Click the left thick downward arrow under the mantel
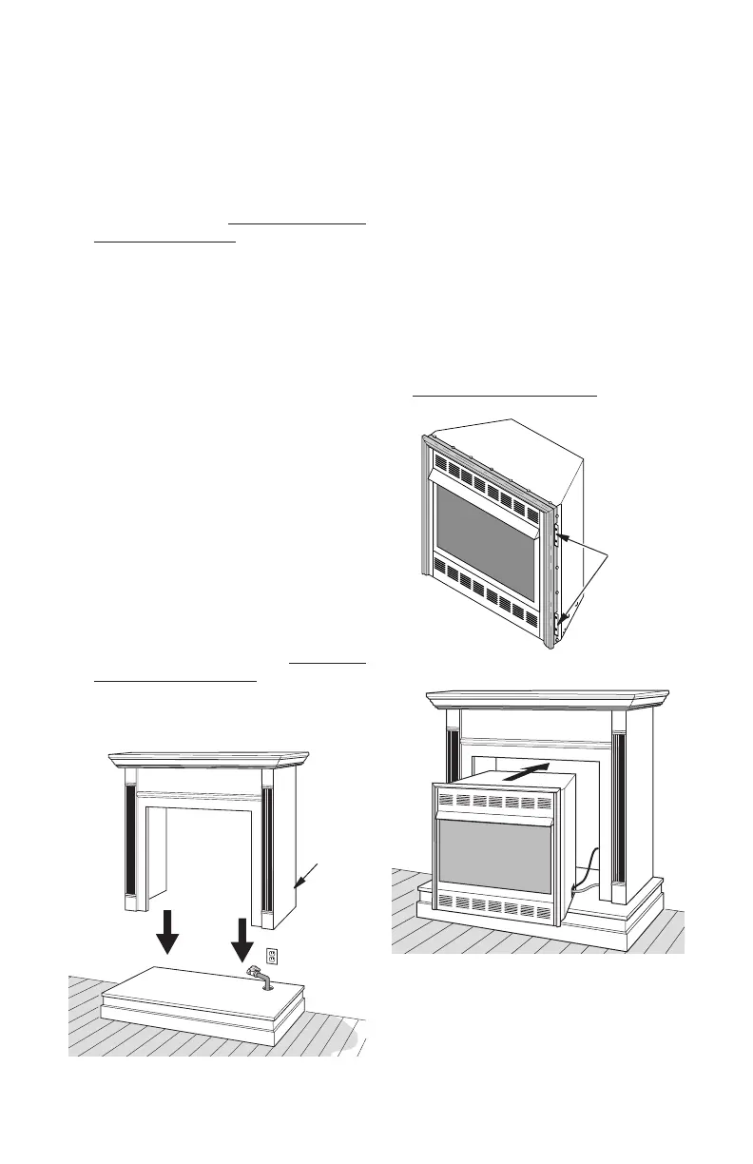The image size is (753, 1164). pos(167,930)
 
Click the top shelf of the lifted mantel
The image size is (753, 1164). pos(209,759)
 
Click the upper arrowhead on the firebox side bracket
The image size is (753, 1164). pos(562,538)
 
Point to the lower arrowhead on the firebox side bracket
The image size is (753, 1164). pos(563,620)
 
